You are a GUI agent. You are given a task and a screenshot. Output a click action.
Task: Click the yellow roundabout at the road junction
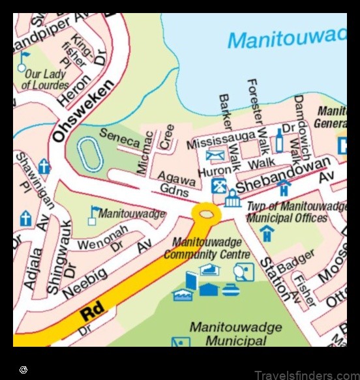[206, 212]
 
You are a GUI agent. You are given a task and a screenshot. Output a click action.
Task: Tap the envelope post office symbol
[215, 156]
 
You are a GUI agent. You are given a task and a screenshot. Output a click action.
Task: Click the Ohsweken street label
[83, 111]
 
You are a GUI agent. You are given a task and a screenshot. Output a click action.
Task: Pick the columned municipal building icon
[233, 198]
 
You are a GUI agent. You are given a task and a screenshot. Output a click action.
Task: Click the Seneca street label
[119, 138]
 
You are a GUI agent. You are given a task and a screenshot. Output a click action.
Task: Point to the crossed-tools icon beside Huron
[218, 185]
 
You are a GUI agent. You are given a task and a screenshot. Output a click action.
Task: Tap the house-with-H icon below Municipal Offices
[267, 233]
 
